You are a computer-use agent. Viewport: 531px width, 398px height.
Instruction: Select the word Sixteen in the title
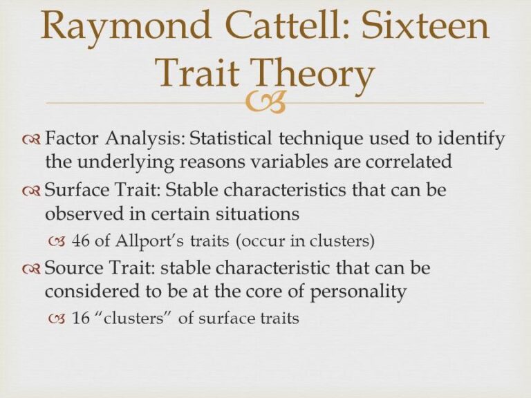pos(426,25)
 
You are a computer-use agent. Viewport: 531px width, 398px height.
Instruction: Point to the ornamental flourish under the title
pos(265,102)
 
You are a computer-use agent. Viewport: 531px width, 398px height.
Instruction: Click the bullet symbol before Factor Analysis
pos(32,140)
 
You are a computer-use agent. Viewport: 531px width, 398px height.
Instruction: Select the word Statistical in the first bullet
pos(230,138)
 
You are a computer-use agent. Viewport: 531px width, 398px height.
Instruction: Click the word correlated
pos(409,161)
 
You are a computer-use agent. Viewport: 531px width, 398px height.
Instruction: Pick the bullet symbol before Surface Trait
pos(32,191)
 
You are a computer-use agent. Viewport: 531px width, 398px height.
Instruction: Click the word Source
pos(74,267)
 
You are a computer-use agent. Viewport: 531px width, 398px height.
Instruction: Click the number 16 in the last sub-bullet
pos(81,318)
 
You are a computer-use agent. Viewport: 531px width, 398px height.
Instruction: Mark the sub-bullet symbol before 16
pos(57,319)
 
